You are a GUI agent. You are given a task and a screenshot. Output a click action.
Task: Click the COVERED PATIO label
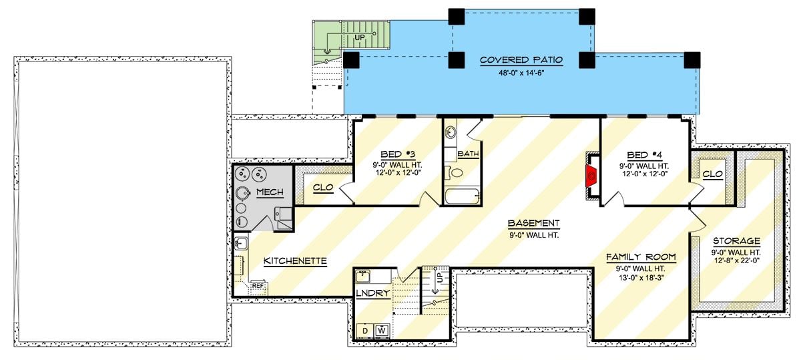(521, 60)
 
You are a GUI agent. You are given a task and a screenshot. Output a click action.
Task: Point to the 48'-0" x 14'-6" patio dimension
(521, 73)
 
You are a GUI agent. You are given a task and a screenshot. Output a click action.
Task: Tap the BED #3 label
(394, 152)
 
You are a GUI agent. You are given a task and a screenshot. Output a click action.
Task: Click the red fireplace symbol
(590, 176)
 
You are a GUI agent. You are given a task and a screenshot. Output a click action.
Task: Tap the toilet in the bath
(457, 174)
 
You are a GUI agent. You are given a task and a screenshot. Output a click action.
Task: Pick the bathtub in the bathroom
(461, 196)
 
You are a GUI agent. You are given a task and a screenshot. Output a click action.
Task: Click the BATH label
(468, 154)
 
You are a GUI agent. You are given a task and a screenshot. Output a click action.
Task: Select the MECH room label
(270, 192)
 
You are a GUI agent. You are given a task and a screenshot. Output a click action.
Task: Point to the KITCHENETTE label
(295, 260)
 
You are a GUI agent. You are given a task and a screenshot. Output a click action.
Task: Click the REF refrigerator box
(258, 286)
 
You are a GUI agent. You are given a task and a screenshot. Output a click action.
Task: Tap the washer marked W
(382, 329)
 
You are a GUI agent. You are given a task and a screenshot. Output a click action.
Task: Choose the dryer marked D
(366, 329)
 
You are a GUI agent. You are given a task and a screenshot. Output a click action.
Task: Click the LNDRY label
(372, 294)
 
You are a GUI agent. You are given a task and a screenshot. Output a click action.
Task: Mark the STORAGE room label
(736, 240)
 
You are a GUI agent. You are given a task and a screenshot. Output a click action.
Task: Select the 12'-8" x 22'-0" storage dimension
(736, 262)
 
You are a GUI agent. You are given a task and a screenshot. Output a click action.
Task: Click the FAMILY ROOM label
(641, 256)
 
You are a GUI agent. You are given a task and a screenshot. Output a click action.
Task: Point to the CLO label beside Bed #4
(712, 174)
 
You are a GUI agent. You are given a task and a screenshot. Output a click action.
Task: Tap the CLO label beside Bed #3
(324, 189)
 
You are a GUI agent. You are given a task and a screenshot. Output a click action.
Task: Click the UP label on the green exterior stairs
(360, 37)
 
